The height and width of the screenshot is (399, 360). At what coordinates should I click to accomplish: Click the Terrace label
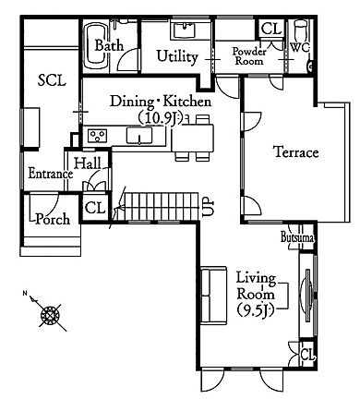[295, 152]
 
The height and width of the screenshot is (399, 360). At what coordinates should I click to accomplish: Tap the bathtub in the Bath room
[96, 47]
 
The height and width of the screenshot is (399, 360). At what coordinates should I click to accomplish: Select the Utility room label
[177, 57]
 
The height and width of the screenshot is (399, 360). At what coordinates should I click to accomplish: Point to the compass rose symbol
[49, 314]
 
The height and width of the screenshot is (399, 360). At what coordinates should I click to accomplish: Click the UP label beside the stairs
[209, 208]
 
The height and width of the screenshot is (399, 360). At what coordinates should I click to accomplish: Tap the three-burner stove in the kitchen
[98, 136]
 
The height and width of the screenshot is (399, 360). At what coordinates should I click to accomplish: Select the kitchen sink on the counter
[139, 136]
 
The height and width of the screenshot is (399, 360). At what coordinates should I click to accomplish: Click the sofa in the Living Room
[213, 296]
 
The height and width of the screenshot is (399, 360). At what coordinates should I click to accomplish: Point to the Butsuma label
[297, 237]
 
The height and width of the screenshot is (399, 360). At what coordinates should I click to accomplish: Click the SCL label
[52, 80]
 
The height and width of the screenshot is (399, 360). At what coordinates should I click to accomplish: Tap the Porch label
[53, 219]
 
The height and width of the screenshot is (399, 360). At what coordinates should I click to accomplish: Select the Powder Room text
[249, 56]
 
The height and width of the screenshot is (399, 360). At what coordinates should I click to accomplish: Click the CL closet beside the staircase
[95, 208]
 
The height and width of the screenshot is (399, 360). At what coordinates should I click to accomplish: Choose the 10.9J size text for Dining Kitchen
[160, 118]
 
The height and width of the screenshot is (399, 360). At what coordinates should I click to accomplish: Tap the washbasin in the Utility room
[184, 30]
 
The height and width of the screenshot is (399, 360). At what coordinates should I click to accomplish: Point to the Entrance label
[51, 174]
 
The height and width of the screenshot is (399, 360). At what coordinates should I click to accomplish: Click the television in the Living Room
[308, 296]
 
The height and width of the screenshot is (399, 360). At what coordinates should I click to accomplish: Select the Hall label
[88, 163]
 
